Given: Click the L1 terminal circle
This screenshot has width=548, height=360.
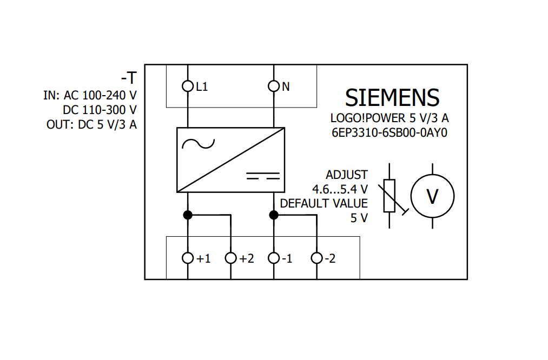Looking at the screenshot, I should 188,86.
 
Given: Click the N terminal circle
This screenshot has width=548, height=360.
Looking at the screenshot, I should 274,86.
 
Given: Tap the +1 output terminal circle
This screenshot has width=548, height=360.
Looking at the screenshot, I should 188,258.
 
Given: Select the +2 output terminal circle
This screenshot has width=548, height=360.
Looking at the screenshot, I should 231,258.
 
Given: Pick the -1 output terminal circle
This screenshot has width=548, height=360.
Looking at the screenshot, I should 274,258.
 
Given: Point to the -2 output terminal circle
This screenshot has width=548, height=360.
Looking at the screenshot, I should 317,258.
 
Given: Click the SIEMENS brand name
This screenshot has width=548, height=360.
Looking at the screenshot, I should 392,97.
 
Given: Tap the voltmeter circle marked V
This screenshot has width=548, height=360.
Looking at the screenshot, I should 432,197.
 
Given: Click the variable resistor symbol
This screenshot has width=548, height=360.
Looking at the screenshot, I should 389,196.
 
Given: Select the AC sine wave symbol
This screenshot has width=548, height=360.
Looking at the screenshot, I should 198,144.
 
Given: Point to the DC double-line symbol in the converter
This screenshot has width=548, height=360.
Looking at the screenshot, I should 263,175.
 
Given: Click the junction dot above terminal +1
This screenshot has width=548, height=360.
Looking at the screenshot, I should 188,215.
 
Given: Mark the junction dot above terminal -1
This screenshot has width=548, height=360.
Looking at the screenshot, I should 274,215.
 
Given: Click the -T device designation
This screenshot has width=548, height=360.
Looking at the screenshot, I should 129,78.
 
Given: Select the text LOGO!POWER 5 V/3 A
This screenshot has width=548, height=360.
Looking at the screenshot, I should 389,118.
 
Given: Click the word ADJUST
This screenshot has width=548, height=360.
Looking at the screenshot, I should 346,175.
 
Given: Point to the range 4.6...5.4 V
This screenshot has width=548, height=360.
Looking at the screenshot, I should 340,189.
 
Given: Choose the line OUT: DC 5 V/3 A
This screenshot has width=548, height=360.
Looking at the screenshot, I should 91,125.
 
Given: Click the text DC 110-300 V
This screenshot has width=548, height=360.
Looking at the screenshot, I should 100,110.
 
